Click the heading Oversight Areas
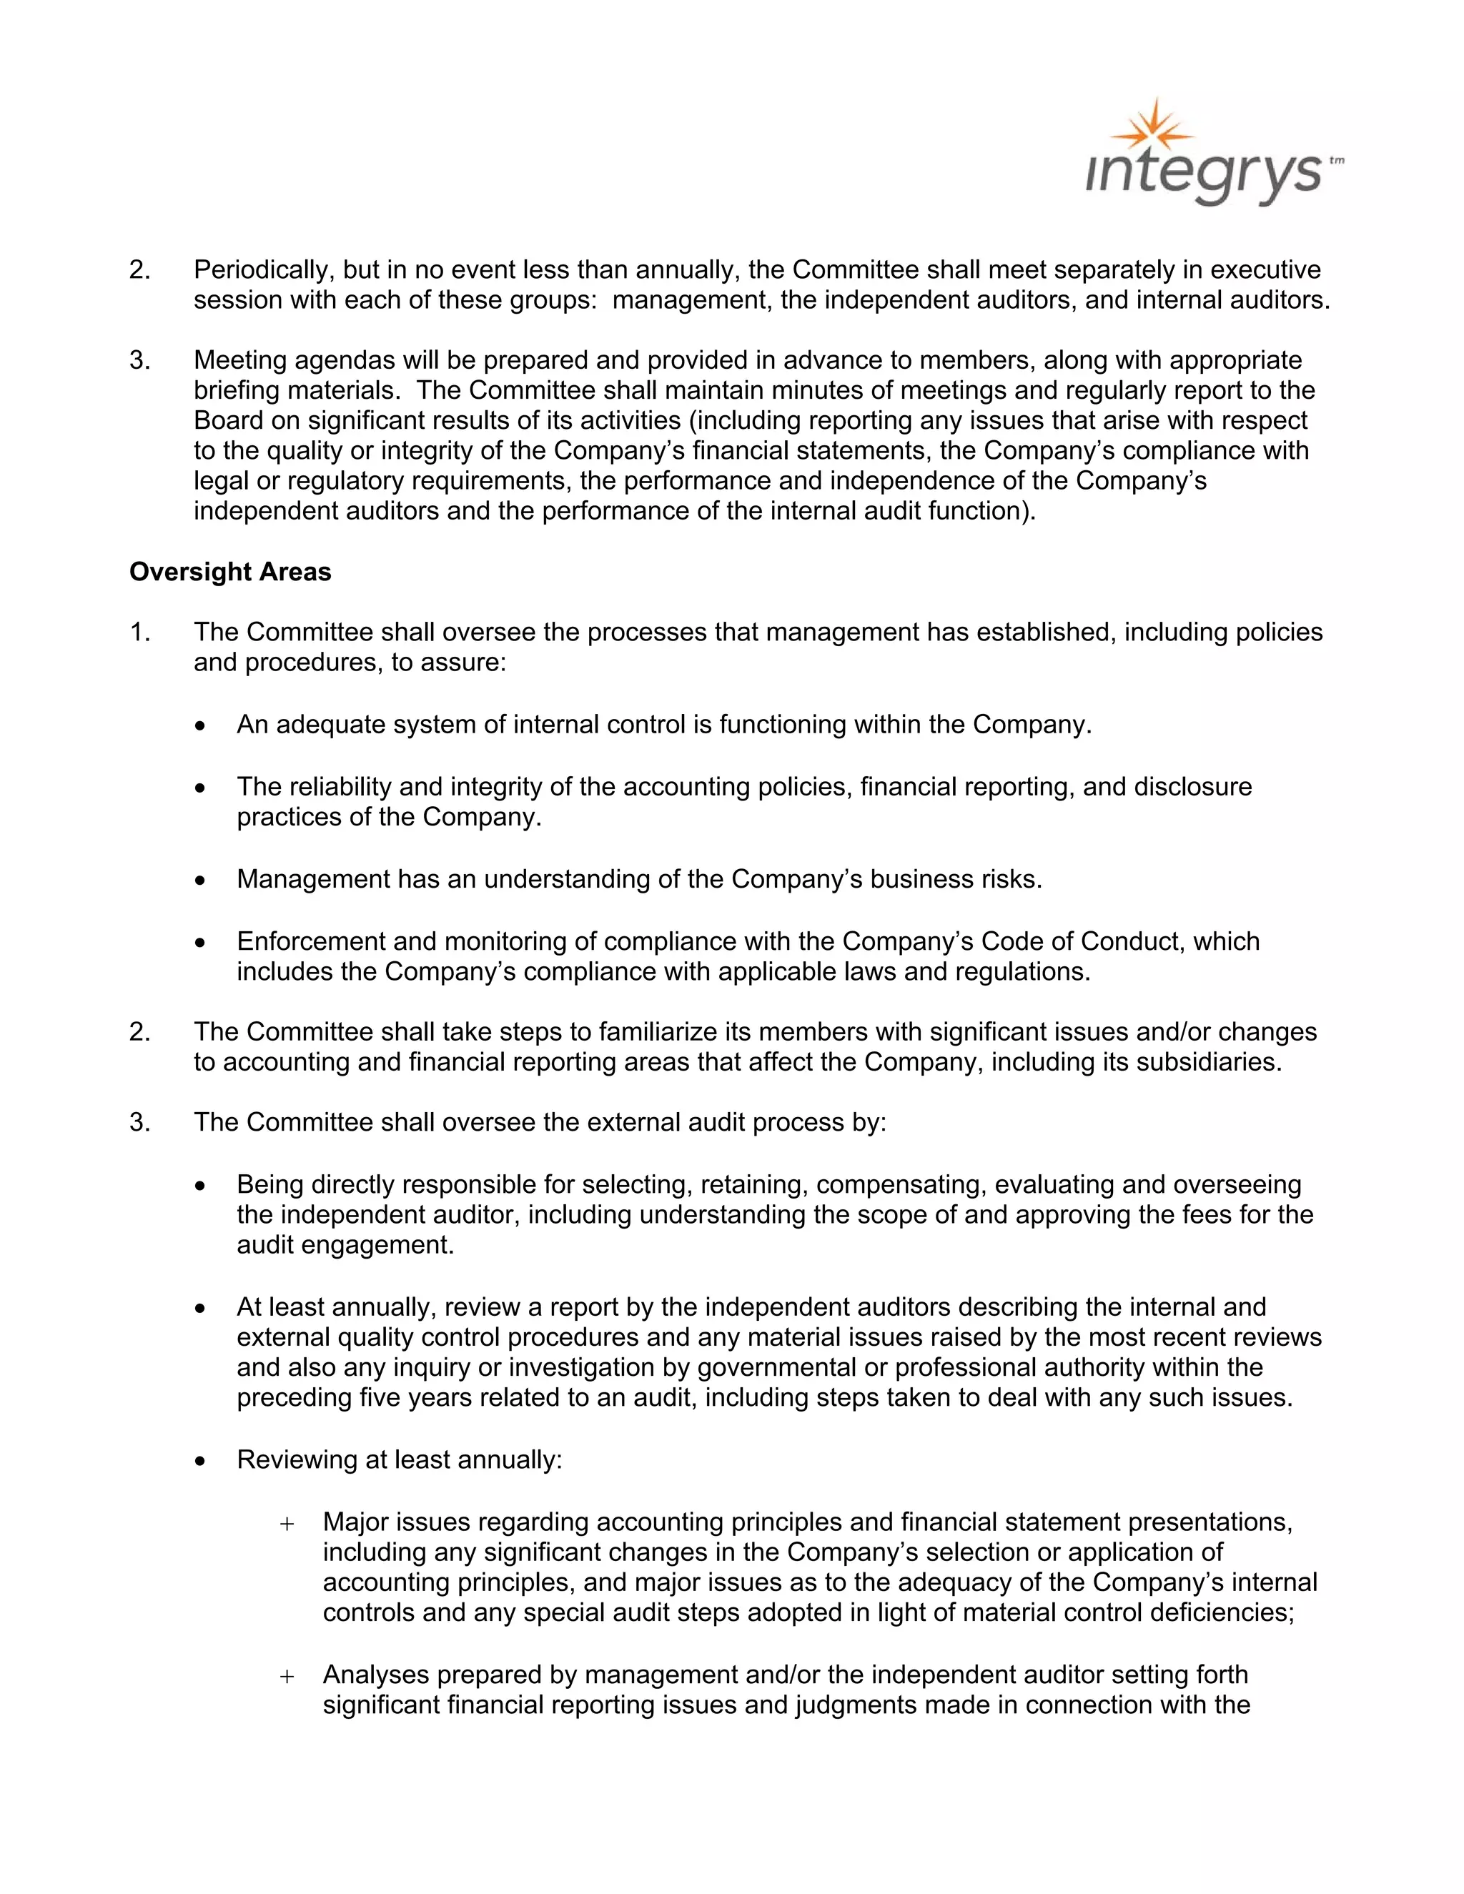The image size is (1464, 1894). (230, 572)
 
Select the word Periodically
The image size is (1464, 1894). (260, 271)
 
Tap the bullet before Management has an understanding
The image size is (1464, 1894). (201, 881)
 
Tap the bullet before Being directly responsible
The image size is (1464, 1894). (201, 1186)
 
